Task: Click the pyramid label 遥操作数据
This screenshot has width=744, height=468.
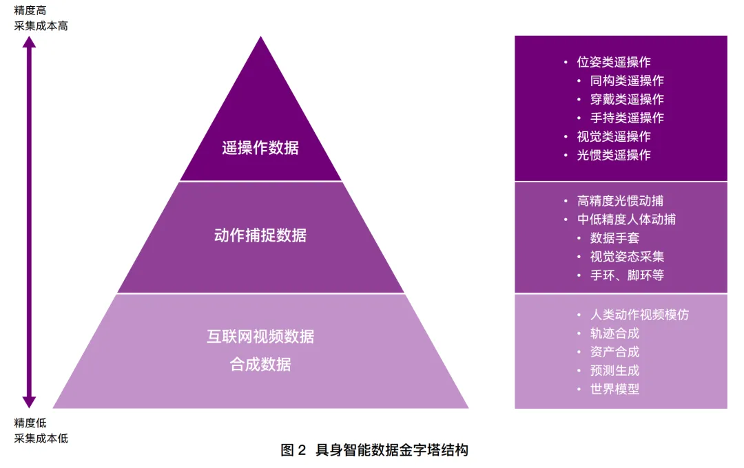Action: point(260,148)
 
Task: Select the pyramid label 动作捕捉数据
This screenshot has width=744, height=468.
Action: point(260,235)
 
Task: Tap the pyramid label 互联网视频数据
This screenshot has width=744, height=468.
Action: point(260,337)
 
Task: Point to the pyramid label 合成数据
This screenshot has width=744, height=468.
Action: point(260,364)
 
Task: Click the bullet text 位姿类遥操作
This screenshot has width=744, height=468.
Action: point(614,62)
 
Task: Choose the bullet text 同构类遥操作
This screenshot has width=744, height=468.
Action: point(627,81)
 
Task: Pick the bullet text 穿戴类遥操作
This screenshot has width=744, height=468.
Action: point(627,99)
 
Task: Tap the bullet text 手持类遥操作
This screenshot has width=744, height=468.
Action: point(627,118)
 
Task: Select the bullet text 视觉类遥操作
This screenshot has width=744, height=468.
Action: point(614,136)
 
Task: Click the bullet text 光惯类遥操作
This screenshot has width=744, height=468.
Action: point(614,155)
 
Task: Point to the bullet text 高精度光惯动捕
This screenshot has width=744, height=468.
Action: point(620,201)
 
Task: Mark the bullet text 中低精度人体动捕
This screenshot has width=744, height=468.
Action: point(626,220)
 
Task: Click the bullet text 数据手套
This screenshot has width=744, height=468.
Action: point(614,238)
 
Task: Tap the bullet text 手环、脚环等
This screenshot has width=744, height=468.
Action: point(627,275)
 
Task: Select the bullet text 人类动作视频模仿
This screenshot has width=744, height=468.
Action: point(639,315)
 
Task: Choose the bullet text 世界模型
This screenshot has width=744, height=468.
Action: point(614,389)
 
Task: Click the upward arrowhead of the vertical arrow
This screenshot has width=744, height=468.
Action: point(29,42)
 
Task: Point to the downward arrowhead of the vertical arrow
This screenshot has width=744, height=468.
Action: point(29,402)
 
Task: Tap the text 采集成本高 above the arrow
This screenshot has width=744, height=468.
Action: point(41,26)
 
